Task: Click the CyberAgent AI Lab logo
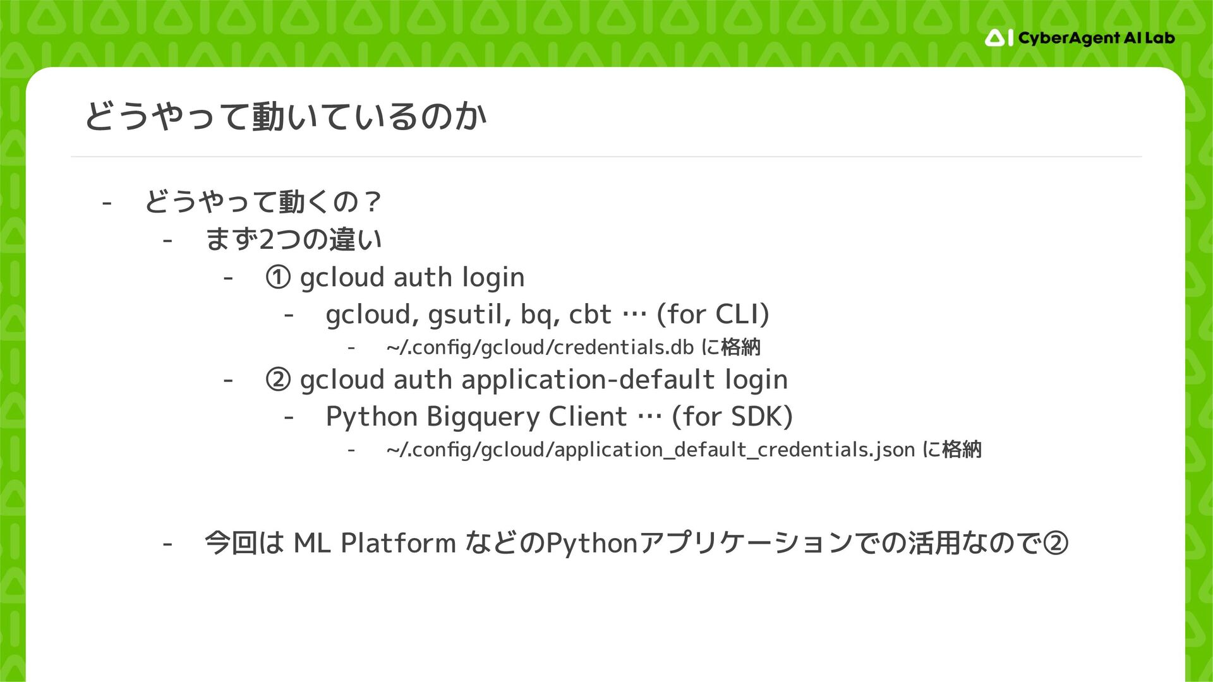click(x=1079, y=39)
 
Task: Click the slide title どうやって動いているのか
click(x=286, y=117)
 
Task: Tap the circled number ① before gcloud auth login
click(x=278, y=278)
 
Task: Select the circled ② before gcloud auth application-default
click(x=278, y=380)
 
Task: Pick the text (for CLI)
click(x=713, y=314)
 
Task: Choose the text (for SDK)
click(x=732, y=417)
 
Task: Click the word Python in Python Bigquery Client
click(x=371, y=417)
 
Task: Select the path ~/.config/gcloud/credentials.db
click(x=540, y=347)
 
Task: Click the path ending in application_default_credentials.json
click(x=651, y=450)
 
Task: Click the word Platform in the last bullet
click(x=398, y=543)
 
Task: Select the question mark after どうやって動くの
click(x=372, y=202)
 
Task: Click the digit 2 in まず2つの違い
click(x=267, y=240)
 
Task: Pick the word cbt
click(x=590, y=314)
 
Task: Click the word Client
click(x=588, y=417)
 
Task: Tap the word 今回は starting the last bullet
click(x=244, y=543)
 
